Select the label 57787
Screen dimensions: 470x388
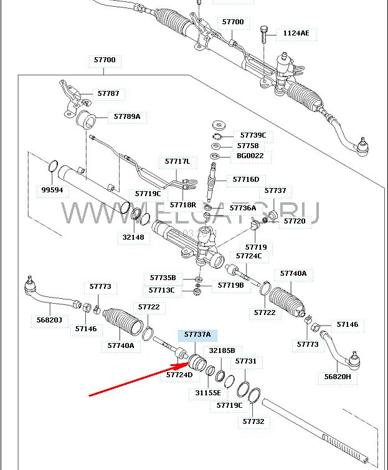pyautogui.click(x=108, y=93)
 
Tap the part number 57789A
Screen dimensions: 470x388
pyautogui.click(x=126, y=116)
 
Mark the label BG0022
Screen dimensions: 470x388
pyautogui.click(x=250, y=156)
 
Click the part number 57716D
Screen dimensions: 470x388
pyautogui.click(x=245, y=179)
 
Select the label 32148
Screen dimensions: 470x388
pyautogui.click(x=133, y=237)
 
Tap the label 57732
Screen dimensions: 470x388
pyautogui.click(x=253, y=421)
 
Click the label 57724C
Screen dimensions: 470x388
pyautogui.click(x=248, y=255)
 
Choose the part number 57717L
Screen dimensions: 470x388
pyautogui.click(x=177, y=161)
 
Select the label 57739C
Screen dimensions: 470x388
pyautogui.click(x=252, y=135)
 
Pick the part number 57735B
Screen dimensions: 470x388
pyautogui.click(x=163, y=278)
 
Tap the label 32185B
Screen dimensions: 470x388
pyautogui.click(x=222, y=350)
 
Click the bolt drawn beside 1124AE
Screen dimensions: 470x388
pyautogui.click(x=263, y=34)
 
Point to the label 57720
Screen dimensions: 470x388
pyautogui.click(x=295, y=220)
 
